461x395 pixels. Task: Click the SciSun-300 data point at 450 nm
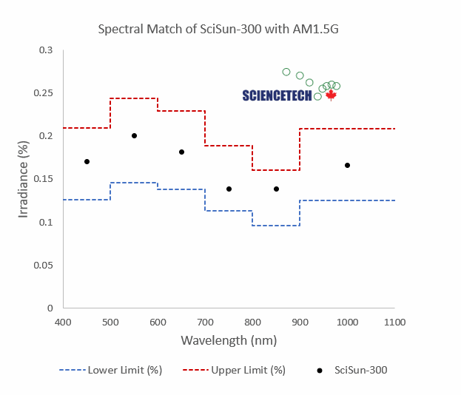(87, 161)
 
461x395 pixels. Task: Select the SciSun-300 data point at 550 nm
(134, 135)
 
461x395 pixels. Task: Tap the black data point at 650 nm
(181, 152)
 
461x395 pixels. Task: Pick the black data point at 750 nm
(229, 189)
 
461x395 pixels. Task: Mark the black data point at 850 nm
(276, 189)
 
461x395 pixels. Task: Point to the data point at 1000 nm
(347, 165)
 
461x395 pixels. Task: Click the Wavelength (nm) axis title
(229, 341)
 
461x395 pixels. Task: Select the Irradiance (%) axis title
(24, 178)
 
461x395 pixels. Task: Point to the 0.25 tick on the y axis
(47, 93)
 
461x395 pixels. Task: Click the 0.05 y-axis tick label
(47, 265)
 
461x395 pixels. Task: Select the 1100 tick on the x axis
(394, 322)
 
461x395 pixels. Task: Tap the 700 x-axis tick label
(205, 322)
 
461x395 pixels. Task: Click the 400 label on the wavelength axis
(64, 322)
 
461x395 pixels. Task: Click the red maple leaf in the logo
(331, 95)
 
